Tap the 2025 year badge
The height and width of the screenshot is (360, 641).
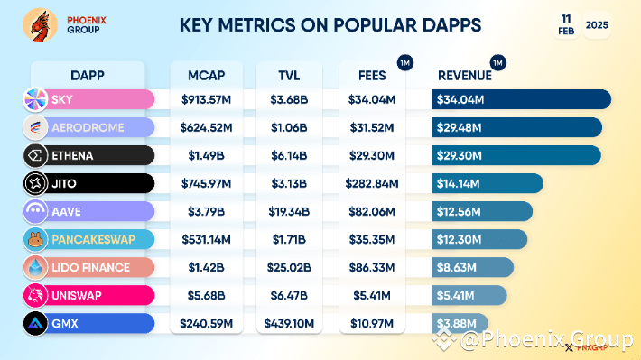click(x=596, y=26)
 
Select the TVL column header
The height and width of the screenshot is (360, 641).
click(x=288, y=74)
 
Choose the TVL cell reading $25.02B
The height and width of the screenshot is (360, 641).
click(x=288, y=267)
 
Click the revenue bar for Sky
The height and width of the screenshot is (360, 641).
click(x=521, y=99)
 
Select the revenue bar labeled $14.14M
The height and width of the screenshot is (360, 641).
click(x=488, y=184)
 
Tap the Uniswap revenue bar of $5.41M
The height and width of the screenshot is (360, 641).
click(x=469, y=295)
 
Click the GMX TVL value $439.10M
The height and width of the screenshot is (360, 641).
click(x=288, y=323)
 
